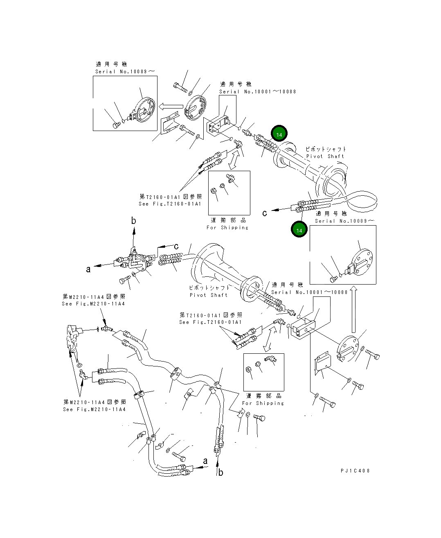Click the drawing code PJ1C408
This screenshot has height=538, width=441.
[355, 471]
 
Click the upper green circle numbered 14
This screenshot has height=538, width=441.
[279, 134]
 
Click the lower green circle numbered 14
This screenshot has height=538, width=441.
[299, 230]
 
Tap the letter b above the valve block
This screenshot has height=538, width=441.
[133, 221]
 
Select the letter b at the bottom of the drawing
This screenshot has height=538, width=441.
[220, 472]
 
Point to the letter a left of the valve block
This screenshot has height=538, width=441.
[88, 269]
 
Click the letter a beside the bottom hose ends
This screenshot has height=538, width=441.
[205, 461]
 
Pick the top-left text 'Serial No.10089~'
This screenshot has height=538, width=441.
[125, 71]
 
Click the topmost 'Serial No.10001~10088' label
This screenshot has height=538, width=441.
[257, 92]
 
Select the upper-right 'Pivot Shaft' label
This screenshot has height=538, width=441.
[325, 156]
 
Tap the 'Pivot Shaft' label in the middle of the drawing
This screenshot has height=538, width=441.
[208, 295]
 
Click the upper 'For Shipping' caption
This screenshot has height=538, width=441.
[227, 228]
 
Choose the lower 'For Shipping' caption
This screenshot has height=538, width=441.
[263, 403]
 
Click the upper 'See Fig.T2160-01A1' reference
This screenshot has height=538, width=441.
[170, 204]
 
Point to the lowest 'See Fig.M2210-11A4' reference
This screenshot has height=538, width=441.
[94, 409]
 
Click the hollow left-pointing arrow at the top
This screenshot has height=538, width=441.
[171, 107]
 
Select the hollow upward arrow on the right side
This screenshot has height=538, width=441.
[354, 309]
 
